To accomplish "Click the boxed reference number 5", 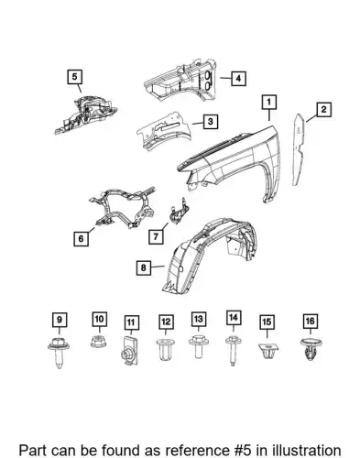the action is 75,77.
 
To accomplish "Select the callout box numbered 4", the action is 238,79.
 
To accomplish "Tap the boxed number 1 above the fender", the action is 268,102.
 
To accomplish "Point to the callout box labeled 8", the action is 144,267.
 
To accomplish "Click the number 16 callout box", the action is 310,321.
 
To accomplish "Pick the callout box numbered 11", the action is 131,322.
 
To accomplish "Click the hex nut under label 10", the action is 99,342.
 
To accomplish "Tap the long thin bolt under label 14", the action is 233,350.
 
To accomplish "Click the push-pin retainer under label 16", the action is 311,350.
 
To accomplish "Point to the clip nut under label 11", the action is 129,351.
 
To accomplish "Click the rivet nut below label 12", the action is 166,349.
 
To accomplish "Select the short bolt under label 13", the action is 199,346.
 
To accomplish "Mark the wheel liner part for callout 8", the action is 211,255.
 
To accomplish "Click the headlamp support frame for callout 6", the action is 122,208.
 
